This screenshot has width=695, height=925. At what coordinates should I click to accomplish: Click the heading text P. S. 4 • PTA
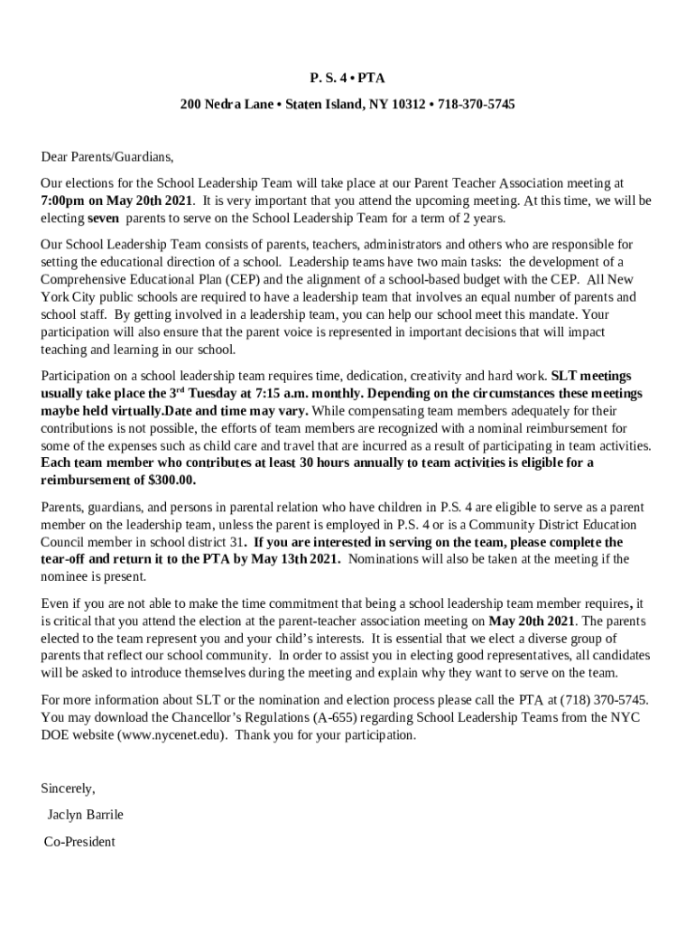coord(347,79)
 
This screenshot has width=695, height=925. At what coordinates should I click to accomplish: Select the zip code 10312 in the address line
coord(409,105)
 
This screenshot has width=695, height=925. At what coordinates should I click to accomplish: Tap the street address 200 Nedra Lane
coord(227,105)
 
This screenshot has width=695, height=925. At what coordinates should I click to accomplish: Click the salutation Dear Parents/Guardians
coord(107,155)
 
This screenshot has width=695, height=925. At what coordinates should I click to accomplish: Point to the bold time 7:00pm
coord(63,201)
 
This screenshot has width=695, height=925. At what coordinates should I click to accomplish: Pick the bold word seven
coord(103,218)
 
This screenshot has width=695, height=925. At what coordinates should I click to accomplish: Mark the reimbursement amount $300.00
coord(171,480)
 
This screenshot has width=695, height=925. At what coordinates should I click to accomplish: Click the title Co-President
coord(80,841)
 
